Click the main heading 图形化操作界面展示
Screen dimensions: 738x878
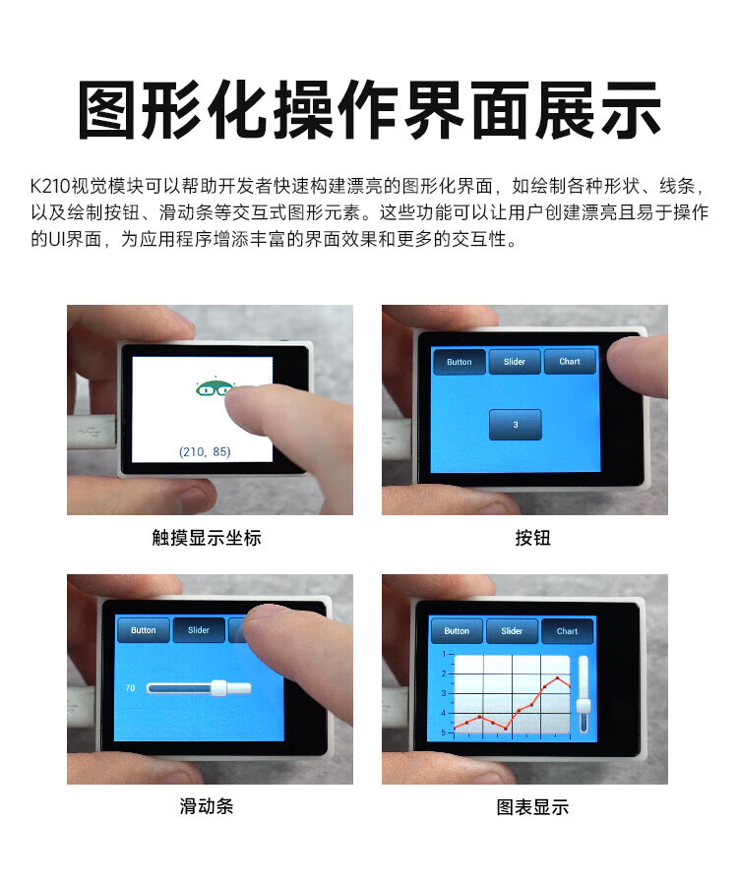coord(369,110)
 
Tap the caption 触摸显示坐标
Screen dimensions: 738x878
coord(207,538)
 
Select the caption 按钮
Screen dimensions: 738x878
coord(533,538)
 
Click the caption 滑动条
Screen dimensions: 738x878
coord(207,806)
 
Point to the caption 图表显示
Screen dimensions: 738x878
coord(533,807)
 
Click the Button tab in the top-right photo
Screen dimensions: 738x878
coord(460,362)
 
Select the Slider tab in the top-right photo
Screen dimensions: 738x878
coord(515,361)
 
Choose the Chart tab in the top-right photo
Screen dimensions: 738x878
coord(570,361)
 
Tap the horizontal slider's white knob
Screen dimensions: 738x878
coord(218,687)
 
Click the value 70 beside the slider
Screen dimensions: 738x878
coord(131,687)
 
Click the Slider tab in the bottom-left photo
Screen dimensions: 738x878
coord(199,630)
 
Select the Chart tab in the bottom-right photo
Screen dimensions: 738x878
coord(567,631)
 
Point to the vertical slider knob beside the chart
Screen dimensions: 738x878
coord(584,706)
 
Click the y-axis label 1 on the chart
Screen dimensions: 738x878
coord(444,654)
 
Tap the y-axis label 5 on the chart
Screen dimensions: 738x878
coord(444,732)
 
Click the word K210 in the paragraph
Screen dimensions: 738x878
coord(50,186)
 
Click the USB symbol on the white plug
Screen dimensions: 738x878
coord(90,432)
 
